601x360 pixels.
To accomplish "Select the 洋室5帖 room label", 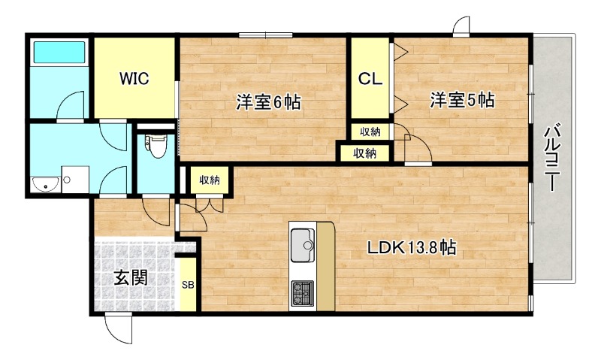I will [x=461, y=99].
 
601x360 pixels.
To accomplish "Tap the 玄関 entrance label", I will [x=130, y=277].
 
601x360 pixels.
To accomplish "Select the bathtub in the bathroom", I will [x=59, y=53].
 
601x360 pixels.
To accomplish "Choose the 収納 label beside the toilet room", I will [x=209, y=180].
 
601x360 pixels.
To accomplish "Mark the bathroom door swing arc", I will [x=71, y=105].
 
